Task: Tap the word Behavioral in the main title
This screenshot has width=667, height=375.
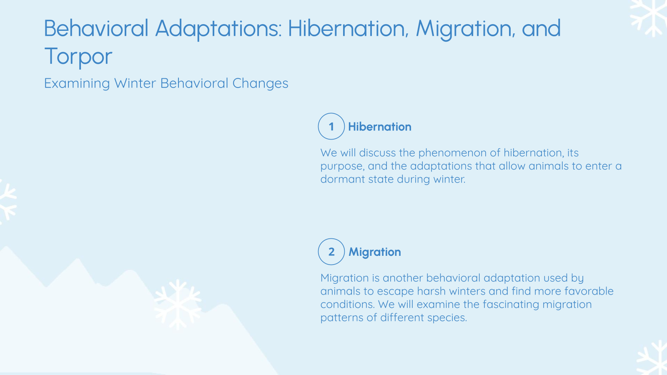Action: tap(96, 29)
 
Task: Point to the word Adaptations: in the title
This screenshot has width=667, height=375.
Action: tap(218, 29)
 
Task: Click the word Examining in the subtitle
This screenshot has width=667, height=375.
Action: tap(77, 83)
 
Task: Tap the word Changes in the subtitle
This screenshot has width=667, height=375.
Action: tap(260, 83)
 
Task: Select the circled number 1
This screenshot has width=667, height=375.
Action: tap(331, 126)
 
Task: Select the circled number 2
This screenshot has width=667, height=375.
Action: tap(331, 252)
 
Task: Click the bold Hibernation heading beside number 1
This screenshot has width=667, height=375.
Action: tap(380, 127)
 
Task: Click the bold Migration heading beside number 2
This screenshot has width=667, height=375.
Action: tap(375, 252)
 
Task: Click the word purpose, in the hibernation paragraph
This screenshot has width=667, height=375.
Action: tap(343, 166)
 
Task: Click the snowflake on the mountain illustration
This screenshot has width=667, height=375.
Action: tap(178, 304)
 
